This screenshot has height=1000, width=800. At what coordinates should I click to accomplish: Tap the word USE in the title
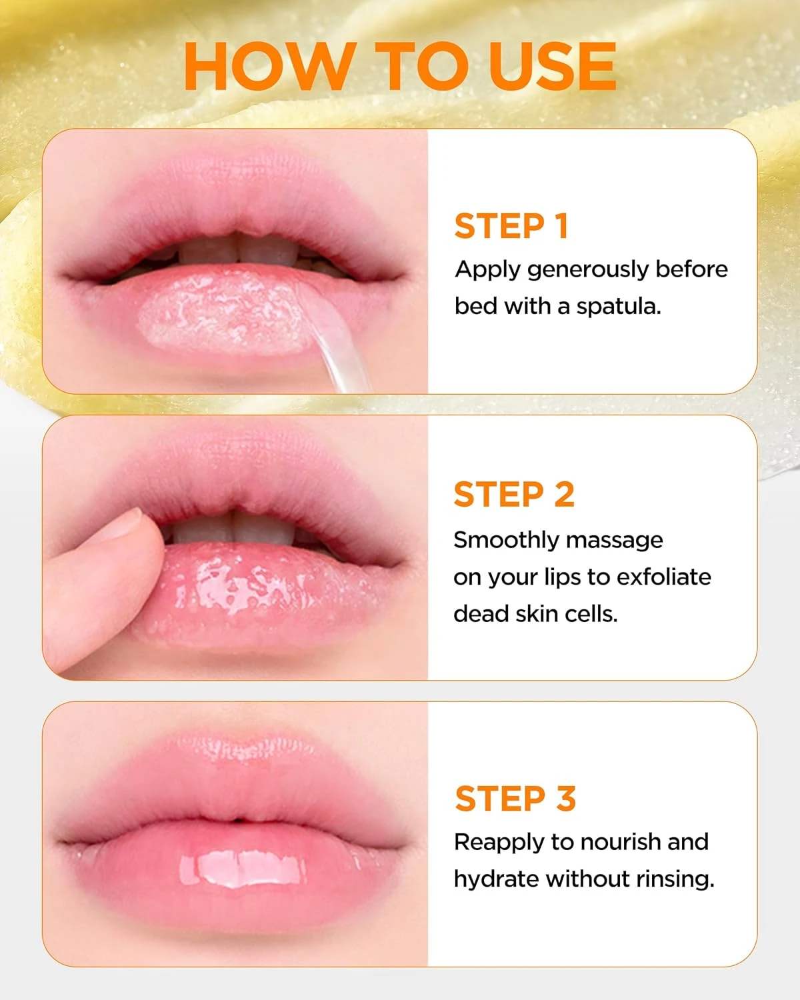coord(553,66)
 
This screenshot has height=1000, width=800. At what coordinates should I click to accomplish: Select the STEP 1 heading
coord(511,226)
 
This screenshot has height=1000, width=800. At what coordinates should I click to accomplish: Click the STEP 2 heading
coord(514,495)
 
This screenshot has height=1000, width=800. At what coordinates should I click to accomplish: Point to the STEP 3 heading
coord(515,798)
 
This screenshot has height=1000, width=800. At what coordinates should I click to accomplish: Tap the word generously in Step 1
coord(587,270)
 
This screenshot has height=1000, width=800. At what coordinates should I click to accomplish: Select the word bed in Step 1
coord(476,307)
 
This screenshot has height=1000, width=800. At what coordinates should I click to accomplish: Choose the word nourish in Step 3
coord(617,842)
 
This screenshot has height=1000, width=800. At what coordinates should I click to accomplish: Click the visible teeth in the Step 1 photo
coord(233,250)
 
